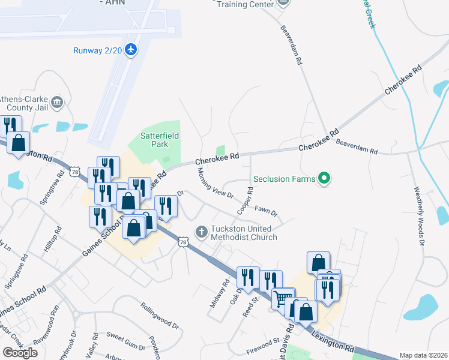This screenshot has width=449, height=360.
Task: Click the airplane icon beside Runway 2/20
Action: [x=131, y=50]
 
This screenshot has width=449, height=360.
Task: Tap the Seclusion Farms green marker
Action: [x=324, y=178]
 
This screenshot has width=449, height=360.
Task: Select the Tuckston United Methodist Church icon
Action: [x=202, y=231]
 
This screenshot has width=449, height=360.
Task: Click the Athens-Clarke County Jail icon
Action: [x=58, y=102]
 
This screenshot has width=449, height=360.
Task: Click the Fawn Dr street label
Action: [x=265, y=211]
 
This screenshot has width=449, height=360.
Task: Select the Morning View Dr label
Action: [x=215, y=184]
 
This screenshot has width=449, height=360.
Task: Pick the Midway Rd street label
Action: [x=220, y=294]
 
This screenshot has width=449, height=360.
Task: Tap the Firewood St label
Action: [x=264, y=346]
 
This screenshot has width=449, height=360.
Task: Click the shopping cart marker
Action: [x=283, y=297]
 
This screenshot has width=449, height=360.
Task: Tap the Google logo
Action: [x=20, y=352]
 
